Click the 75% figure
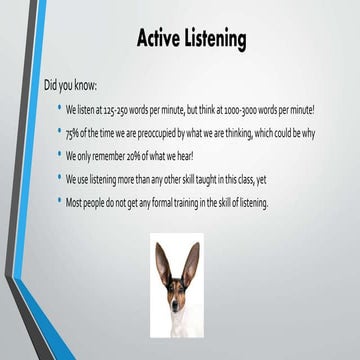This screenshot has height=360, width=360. [73, 132]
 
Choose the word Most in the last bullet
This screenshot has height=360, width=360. [76, 204]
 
